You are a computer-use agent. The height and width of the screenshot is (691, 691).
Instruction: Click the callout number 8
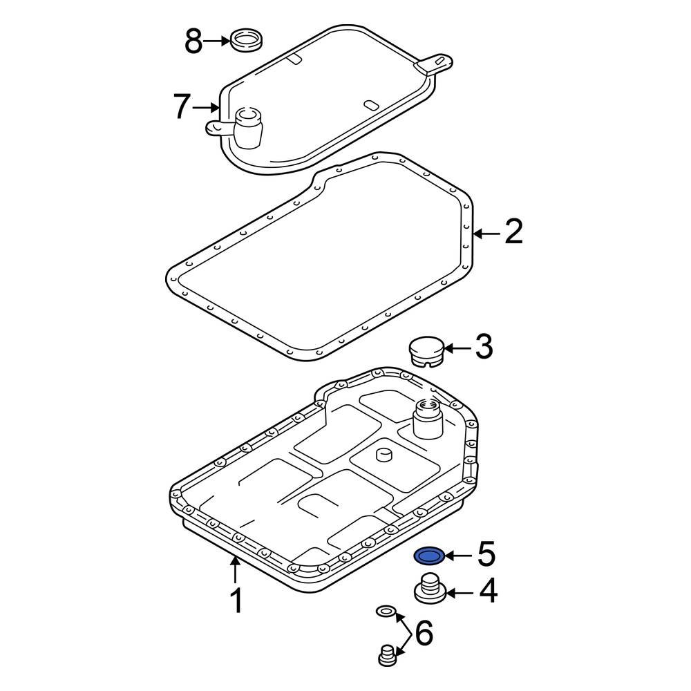point(193,41)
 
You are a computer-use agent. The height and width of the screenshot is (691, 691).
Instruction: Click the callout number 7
point(182,107)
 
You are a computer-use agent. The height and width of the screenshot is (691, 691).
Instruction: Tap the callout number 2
point(514,231)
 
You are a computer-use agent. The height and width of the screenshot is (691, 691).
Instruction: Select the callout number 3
point(484,346)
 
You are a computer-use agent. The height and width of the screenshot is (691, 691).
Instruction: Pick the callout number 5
point(486,554)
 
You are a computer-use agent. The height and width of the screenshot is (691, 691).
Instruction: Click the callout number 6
point(424,633)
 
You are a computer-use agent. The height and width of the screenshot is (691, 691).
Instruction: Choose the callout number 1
point(237,600)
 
